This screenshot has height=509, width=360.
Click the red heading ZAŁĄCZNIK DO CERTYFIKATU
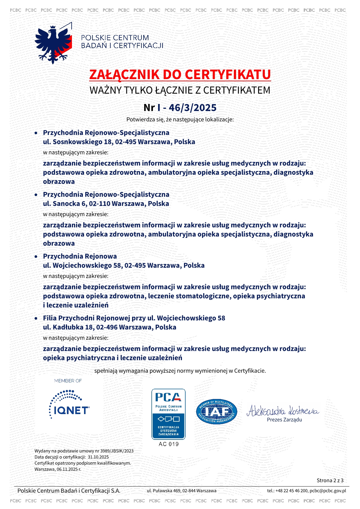click(180, 75)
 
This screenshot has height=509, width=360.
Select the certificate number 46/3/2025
click(193, 108)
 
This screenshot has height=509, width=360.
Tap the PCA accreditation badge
click(168, 414)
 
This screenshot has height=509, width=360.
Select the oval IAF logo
click(216, 412)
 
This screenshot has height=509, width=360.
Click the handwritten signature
click(283, 411)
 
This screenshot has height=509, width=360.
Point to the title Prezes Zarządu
click(284, 420)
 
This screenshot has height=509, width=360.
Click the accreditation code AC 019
click(169, 444)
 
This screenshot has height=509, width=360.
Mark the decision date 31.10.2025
click(98, 457)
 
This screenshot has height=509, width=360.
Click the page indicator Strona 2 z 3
click(330, 480)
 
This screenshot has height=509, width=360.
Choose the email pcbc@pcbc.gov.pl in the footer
click(328, 491)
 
